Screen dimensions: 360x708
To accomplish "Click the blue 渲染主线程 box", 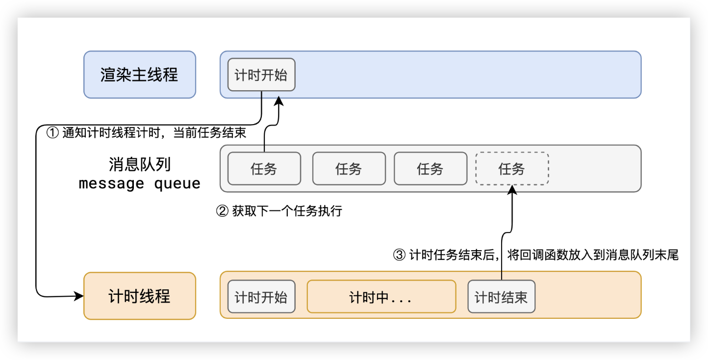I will click(x=139, y=75).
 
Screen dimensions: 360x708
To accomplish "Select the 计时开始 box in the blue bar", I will click(x=261, y=75).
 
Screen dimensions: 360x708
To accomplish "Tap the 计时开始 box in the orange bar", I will click(x=261, y=297).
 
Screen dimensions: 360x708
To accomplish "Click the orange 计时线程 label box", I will click(x=139, y=296).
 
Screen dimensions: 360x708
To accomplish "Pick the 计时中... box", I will click(x=381, y=297).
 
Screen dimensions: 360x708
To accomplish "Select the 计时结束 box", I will click(x=501, y=297).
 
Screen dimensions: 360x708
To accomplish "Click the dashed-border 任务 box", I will click(x=512, y=169).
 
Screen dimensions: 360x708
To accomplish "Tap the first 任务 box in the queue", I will click(x=264, y=169).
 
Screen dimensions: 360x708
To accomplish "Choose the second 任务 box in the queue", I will click(x=349, y=169).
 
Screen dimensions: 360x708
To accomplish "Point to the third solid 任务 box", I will click(x=430, y=169).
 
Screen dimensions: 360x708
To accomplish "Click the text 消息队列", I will click(x=140, y=164).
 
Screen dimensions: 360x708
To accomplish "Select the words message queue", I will click(x=140, y=183).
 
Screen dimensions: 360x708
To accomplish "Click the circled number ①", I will click(x=52, y=133).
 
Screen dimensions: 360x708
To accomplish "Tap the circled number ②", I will click(x=222, y=211).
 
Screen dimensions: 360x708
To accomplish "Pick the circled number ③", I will click(x=400, y=255).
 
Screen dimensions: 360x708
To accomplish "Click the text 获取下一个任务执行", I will click(x=287, y=211).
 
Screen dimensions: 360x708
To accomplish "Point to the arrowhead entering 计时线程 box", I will click(x=79, y=296).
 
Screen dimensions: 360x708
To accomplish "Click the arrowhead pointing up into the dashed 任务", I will click(x=512, y=189).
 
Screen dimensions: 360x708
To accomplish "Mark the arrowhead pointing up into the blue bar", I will click(x=278, y=101).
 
